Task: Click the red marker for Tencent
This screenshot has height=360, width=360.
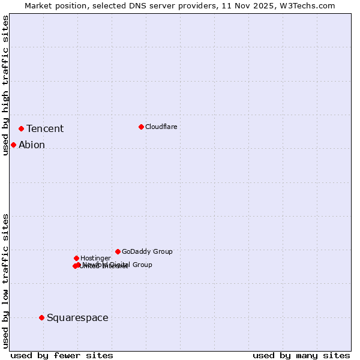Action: click(21, 128)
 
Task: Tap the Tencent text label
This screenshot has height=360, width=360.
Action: click(45, 129)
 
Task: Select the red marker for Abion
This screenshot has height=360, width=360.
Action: click(13, 145)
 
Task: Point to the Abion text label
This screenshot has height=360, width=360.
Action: click(32, 145)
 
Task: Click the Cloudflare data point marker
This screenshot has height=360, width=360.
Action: click(141, 127)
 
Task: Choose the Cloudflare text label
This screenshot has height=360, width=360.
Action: click(161, 127)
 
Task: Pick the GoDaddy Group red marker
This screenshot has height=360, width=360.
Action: click(118, 251)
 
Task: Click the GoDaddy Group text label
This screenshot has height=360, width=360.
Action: click(147, 252)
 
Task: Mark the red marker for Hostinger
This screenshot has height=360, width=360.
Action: click(76, 258)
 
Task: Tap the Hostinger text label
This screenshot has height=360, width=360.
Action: click(95, 259)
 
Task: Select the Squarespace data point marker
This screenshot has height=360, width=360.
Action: click(41, 317)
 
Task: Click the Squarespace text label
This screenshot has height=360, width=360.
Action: click(77, 318)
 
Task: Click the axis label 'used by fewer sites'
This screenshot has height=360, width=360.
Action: click(62, 355)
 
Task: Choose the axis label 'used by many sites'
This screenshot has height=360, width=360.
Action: click(301, 355)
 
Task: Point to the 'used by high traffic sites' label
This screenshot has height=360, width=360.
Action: click(5, 86)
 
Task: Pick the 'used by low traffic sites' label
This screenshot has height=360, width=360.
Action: click(5, 281)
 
